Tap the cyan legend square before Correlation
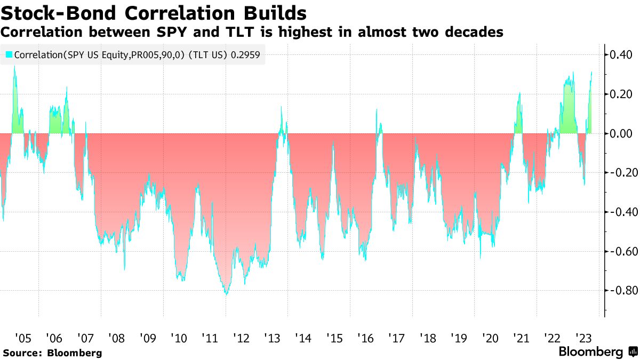click(x=9, y=54)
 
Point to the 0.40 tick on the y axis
click(x=621, y=54)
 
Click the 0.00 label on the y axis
click(x=621, y=133)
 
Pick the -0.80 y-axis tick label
click(x=619, y=291)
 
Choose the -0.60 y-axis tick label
click(x=619, y=251)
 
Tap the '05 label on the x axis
click(x=23, y=338)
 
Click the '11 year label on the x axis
click(x=210, y=338)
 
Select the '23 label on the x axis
click(x=583, y=338)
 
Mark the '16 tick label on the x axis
click(x=365, y=338)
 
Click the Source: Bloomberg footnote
click(x=52, y=353)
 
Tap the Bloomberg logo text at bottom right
click(x=590, y=352)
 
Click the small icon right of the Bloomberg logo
click(x=633, y=352)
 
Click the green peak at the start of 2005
click(x=14, y=67)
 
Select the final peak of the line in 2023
click(x=591, y=72)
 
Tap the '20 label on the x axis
click(x=490, y=338)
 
